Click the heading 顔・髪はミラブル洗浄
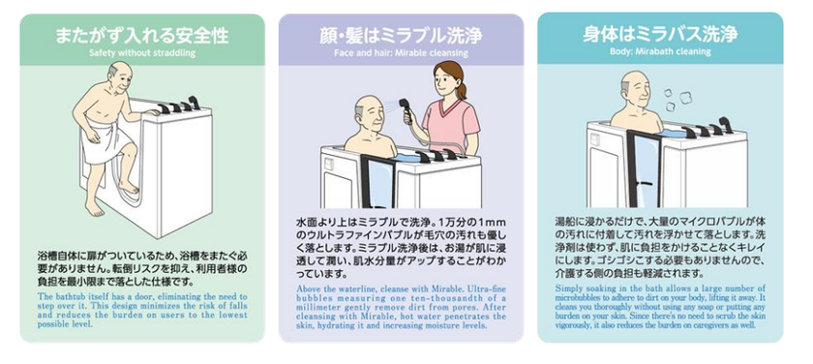[401, 35]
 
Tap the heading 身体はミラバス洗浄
[661, 35]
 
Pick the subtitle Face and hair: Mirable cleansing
[401, 53]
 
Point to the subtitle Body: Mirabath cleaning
[661, 53]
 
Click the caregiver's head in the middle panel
[450, 77]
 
